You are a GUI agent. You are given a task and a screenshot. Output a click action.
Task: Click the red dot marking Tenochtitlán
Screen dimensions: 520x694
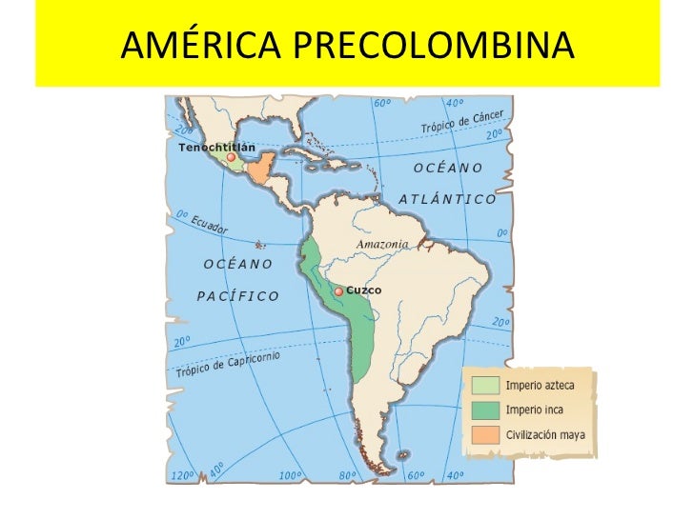(x=231, y=158)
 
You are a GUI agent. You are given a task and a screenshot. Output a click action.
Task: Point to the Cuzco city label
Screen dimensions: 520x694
(x=363, y=290)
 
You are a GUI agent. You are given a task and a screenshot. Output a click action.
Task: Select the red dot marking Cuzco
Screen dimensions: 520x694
(x=338, y=291)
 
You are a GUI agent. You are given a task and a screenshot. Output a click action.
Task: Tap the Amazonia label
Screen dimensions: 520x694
(x=382, y=244)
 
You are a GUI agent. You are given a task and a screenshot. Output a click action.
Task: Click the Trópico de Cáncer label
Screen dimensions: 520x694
(x=462, y=120)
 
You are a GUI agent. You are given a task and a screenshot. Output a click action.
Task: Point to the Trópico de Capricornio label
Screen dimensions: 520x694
(x=226, y=364)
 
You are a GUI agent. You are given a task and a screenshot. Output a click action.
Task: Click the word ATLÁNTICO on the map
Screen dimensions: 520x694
(x=446, y=199)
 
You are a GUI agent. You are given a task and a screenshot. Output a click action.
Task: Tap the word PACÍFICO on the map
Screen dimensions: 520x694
(x=238, y=295)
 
